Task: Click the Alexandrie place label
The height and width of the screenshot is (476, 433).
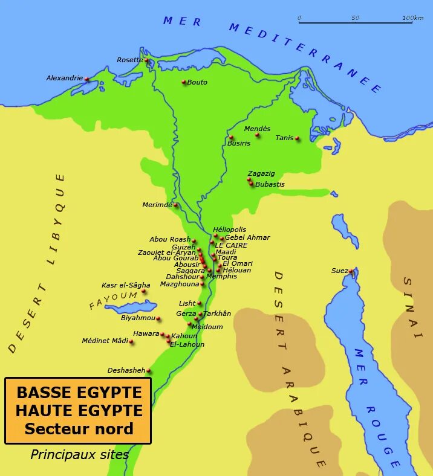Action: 64,78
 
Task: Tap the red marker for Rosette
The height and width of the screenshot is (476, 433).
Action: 146,60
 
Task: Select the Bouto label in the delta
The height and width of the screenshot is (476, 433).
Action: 197,82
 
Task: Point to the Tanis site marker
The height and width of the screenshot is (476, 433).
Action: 298,138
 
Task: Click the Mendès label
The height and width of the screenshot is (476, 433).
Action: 257,129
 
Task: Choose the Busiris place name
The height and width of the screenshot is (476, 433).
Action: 239,143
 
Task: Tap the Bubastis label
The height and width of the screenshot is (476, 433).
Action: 270,184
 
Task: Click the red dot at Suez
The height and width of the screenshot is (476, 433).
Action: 351,271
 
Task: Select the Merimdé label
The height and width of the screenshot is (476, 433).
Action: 157,205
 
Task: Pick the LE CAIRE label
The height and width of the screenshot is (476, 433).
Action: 231,245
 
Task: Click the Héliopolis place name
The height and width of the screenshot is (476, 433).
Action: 230,230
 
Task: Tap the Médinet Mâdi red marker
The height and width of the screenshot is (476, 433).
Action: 131,342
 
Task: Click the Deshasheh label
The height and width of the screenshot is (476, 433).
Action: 126,370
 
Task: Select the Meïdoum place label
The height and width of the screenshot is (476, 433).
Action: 207,327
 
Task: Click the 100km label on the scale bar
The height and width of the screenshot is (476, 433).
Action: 412,18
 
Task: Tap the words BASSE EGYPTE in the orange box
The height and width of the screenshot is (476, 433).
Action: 79,392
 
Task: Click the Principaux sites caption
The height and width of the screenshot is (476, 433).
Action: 80,455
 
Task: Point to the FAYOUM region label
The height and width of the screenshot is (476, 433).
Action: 113,300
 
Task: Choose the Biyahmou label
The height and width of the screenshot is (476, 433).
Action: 138,318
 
